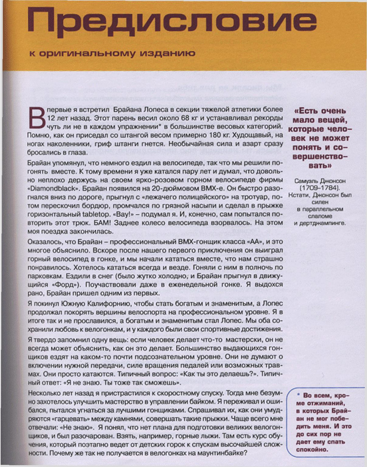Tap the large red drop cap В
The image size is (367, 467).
click(36, 117)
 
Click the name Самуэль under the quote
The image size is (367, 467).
click(303, 181)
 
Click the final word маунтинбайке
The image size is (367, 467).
click(225, 453)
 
